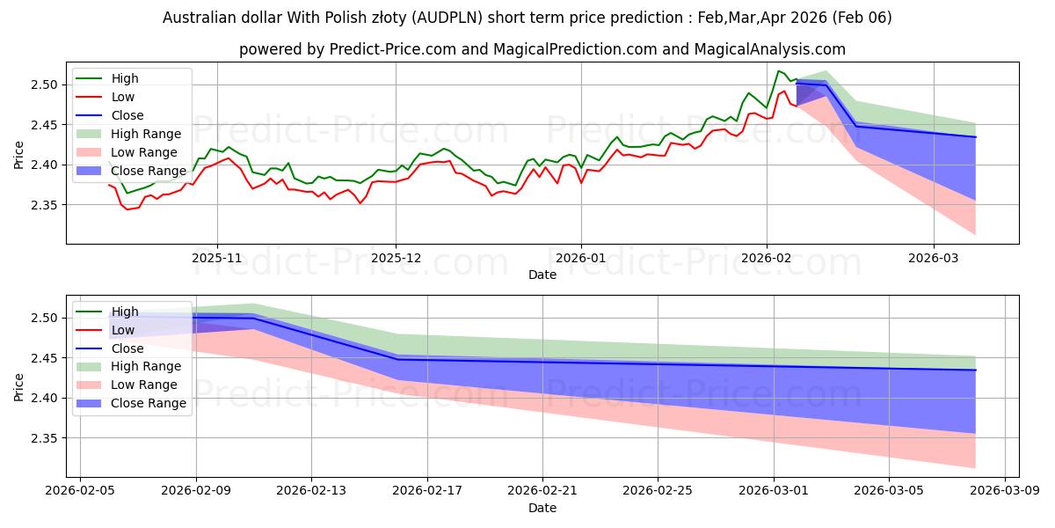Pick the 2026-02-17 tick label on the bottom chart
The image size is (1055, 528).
tap(427, 490)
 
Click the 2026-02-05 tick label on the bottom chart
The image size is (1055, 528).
tap(80, 490)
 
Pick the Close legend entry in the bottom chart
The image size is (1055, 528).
tap(127, 348)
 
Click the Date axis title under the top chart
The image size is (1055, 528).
tap(542, 275)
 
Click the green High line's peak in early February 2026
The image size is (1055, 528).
tap(778, 70)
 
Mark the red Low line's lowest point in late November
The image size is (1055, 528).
tap(360, 203)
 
